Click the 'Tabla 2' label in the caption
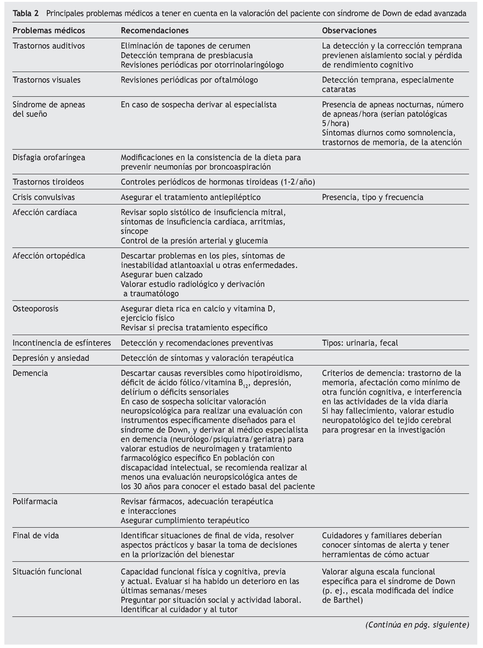[x=26, y=13]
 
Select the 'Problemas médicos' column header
[x=49, y=30]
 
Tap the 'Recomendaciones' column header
[x=155, y=30]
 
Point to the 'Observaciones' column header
[x=349, y=30]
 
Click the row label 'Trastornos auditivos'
[x=48, y=46]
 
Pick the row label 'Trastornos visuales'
[x=46, y=80]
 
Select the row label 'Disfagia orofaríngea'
[x=49, y=157]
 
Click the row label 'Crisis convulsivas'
[x=43, y=197]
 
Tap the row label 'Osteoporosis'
[x=35, y=309]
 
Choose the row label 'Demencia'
[x=30, y=373]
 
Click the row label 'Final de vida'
[x=36, y=535]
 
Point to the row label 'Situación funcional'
[x=47, y=571]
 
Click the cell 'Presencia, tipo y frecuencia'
[x=373, y=197]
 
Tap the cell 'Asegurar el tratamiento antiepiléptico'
[x=191, y=197]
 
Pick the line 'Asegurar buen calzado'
[x=162, y=274]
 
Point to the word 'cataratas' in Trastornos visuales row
[x=339, y=89]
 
